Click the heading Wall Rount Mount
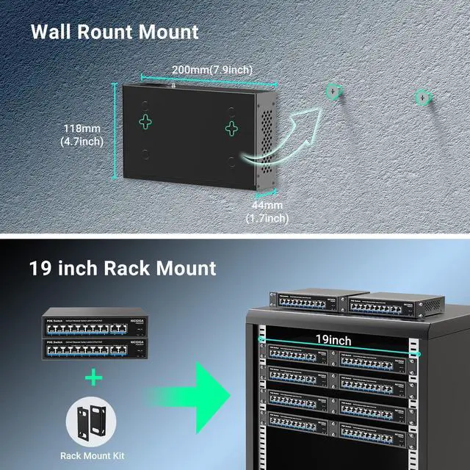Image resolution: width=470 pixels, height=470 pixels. point(115,32)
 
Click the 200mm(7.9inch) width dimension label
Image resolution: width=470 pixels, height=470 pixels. point(212,70)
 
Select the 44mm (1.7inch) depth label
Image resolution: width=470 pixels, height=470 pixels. point(266,211)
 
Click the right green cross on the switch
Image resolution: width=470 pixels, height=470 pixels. point(232,129)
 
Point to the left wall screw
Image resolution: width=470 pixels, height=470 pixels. point(334,90)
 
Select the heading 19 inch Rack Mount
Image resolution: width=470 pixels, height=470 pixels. point(123,268)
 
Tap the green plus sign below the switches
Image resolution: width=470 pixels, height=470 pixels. point(93,378)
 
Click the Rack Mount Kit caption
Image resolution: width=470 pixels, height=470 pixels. point(93,456)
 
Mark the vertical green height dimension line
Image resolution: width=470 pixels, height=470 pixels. point(115,131)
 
